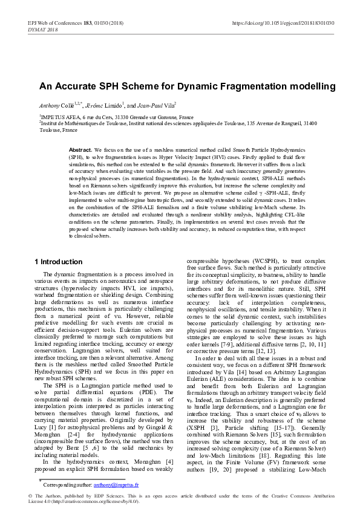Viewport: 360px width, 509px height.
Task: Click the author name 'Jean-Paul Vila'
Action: pos(156,105)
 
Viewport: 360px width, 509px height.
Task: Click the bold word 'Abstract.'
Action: pos(80,149)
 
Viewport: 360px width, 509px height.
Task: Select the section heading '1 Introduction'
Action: pos(58,262)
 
